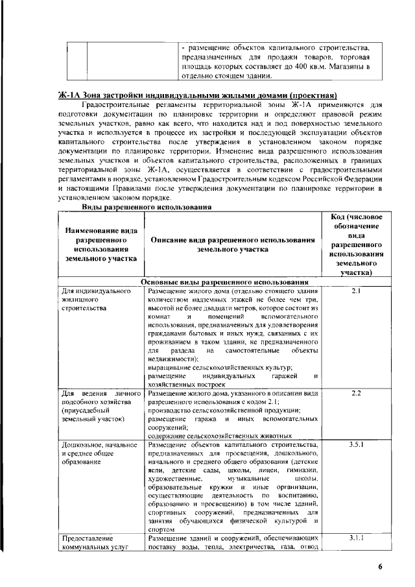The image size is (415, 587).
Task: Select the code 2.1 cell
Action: coord(355,291)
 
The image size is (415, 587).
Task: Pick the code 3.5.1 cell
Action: coord(355,445)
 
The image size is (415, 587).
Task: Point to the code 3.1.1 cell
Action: coord(355,538)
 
